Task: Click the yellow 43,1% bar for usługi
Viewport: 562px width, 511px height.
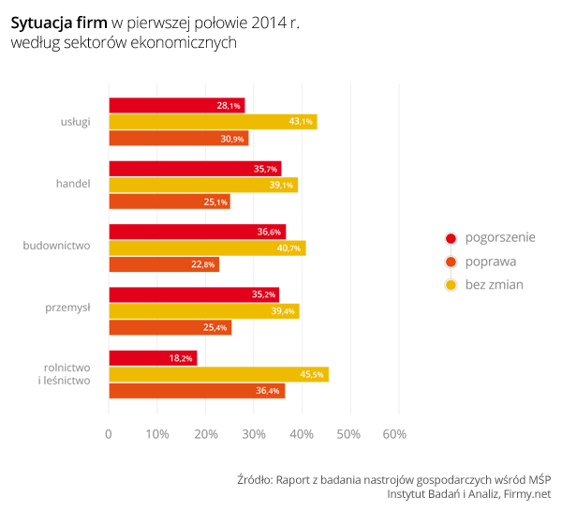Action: (213, 122)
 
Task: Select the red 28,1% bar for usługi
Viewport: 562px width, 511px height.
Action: (176, 106)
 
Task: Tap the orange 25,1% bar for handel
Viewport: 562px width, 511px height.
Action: (169, 202)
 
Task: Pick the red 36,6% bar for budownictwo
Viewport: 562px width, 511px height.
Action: (197, 232)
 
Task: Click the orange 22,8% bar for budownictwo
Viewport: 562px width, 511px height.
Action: (164, 264)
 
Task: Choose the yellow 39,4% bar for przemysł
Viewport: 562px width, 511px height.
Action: (203, 311)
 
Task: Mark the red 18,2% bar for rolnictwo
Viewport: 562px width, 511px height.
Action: (153, 358)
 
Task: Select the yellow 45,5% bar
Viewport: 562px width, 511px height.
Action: (218, 374)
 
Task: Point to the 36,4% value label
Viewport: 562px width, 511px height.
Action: (268, 391)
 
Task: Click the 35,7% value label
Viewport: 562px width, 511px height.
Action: (266, 169)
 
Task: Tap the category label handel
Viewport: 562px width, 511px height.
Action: (73, 183)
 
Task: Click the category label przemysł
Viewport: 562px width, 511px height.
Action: (67, 307)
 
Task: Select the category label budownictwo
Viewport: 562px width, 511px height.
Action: (56, 246)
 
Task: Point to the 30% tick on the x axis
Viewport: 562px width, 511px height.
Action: (253, 434)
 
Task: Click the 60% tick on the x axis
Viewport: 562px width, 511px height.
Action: (395, 434)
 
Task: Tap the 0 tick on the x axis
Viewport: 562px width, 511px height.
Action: (109, 434)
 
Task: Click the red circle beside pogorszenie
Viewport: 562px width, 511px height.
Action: (450, 238)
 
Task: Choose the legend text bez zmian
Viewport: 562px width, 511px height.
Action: (494, 284)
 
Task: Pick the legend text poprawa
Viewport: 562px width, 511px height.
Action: (490, 262)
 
